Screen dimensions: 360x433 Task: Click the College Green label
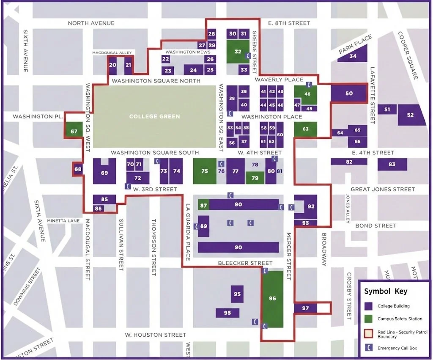pyautogui.click(x=154, y=116)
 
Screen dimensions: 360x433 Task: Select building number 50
pyautogui.click(x=349, y=93)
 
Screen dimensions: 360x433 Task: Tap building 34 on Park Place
pyautogui.click(x=352, y=56)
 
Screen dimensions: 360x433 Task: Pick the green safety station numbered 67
pyautogui.click(x=74, y=131)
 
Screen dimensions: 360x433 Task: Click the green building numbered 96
pyautogui.click(x=272, y=299)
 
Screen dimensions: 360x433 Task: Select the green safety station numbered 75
pyautogui.click(x=205, y=171)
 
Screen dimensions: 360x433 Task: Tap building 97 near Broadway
pyautogui.click(x=306, y=308)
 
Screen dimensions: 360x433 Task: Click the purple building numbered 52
pyautogui.click(x=410, y=115)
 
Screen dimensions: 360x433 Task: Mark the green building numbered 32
pyautogui.click(x=238, y=52)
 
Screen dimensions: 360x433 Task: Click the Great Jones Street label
pyautogui.click(x=383, y=190)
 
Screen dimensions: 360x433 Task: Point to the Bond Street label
pyautogui.click(x=375, y=225)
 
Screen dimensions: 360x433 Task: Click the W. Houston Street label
pyautogui.click(x=155, y=335)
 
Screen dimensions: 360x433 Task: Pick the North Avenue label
pyautogui.click(x=91, y=23)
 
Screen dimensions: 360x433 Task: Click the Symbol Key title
pyautogui.click(x=386, y=291)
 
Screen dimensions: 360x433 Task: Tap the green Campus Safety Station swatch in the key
pyautogui.click(x=369, y=319)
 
